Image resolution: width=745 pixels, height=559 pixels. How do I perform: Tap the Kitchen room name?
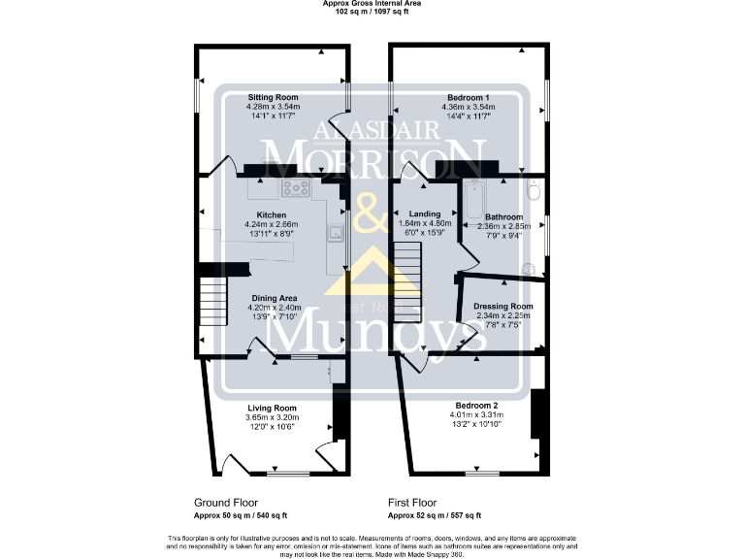click(x=271, y=214)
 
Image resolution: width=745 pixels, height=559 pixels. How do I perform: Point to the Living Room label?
click(x=272, y=408)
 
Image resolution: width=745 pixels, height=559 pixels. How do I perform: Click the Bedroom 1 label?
click(x=468, y=97)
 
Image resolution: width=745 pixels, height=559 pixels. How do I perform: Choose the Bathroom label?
click(x=504, y=216)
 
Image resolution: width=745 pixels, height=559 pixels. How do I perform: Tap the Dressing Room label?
click(x=503, y=306)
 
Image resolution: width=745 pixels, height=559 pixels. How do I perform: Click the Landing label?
click(x=426, y=214)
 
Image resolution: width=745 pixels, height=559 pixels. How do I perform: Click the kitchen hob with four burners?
click(x=295, y=189)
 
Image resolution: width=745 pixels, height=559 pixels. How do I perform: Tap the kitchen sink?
click(x=335, y=231)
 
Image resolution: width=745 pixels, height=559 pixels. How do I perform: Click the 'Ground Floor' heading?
click(x=225, y=504)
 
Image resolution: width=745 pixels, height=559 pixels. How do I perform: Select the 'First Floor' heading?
click(x=413, y=504)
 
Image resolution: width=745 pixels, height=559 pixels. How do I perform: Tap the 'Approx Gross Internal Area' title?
click(x=372, y=4)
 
